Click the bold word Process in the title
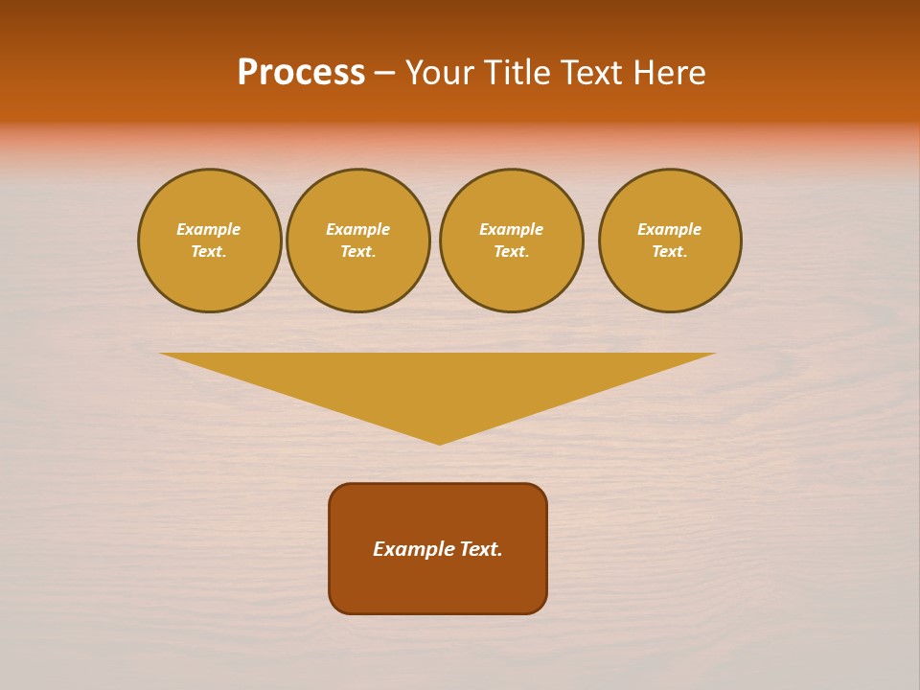click(x=301, y=73)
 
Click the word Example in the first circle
click(x=209, y=229)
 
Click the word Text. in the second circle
click(x=358, y=251)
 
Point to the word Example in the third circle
click(x=512, y=229)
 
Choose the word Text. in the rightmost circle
click(x=670, y=251)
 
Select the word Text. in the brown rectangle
click(x=481, y=549)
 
